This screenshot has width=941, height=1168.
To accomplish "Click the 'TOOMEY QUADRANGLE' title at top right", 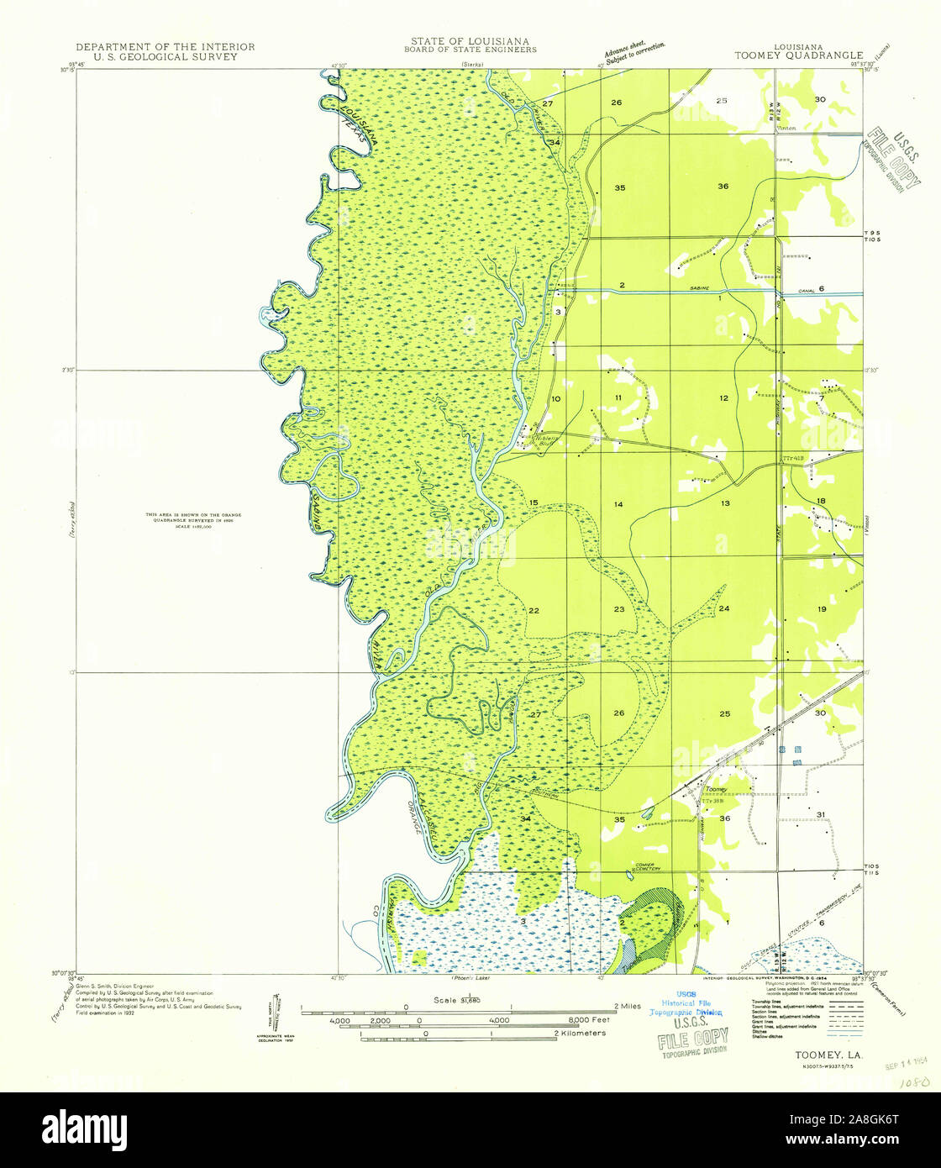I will [x=798, y=56].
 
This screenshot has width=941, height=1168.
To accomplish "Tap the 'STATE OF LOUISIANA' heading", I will [x=470, y=40].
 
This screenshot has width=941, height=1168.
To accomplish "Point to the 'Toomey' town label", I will [x=715, y=790].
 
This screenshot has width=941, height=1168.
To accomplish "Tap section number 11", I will [x=618, y=397].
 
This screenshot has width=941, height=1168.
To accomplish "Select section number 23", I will [x=618, y=608].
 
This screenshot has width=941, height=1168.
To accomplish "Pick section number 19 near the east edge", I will [x=822, y=608].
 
